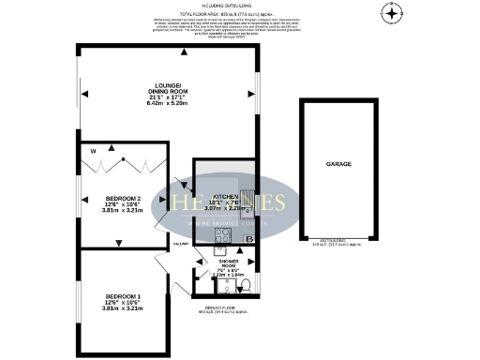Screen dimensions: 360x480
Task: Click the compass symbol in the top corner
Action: (x=392, y=12)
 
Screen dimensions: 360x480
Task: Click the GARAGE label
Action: (x=338, y=164)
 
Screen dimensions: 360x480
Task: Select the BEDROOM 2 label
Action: (x=124, y=200)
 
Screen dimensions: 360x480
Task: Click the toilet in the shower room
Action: (x=242, y=285)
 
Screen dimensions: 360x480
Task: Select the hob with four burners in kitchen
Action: (x=222, y=236)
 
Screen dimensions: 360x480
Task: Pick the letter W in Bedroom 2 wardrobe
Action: (x=93, y=150)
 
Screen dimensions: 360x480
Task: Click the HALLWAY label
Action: (x=182, y=245)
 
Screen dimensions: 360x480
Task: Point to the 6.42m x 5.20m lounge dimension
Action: (x=168, y=102)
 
